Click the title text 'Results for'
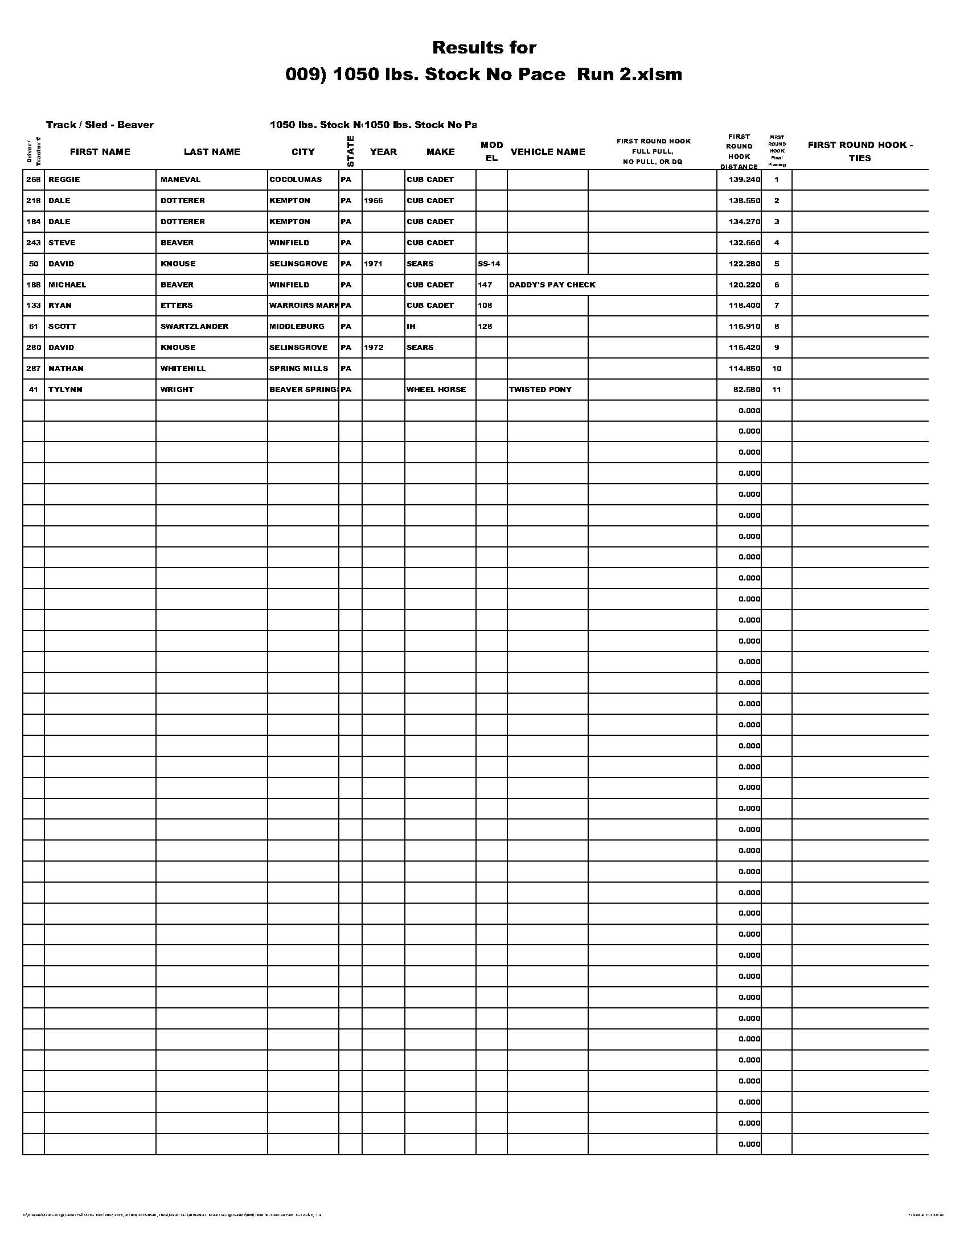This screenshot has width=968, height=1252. click(484, 48)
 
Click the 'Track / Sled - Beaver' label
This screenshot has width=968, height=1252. click(100, 125)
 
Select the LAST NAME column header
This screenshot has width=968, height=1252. click(212, 152)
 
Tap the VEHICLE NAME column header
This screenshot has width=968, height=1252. click(548, 152)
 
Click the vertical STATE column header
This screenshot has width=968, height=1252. click(350, 151)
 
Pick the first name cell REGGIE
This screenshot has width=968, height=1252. click(64, 180)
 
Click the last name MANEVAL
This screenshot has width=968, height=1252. click(181, 180)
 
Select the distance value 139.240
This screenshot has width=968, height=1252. click(744, 180)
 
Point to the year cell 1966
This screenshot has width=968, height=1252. click(374, 201)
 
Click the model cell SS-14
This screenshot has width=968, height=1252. click(489, 264)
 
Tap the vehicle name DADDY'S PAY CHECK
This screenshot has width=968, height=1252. click(552, 285)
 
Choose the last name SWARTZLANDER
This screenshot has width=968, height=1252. click(194, 327)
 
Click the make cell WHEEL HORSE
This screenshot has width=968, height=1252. click(436, 390)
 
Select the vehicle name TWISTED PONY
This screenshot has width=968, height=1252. click(540, 390)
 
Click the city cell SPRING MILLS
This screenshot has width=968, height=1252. click(299, 369)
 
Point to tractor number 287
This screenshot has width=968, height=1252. click(34, 369)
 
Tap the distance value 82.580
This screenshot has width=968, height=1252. click(746, 390)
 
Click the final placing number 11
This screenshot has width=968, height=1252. click(777, 390)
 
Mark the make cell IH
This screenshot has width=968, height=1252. click(411, 327)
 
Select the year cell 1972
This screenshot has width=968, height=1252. click(374, 348)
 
